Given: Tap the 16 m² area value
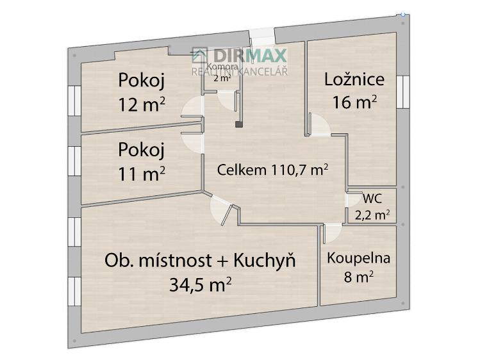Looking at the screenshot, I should [x=354, y=102].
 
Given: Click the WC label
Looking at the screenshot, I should [x=372, y=199].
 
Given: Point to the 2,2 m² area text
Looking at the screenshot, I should [x=373, y=215].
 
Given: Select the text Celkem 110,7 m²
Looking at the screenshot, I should [x=273, y=170].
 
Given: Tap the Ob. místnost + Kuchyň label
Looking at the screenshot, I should [x=200, y=260].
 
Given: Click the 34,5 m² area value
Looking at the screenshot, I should [x=200, y=284].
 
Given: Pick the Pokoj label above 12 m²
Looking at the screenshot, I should [x=142, y=81].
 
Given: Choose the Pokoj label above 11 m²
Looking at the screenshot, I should [x=142, y=150].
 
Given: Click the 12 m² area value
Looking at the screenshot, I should [x=142, y=104].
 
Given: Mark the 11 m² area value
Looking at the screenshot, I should [x=142, y=173].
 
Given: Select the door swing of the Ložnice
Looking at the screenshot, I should [x=319, y=125].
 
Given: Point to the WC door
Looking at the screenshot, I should [x=352, y=199].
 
